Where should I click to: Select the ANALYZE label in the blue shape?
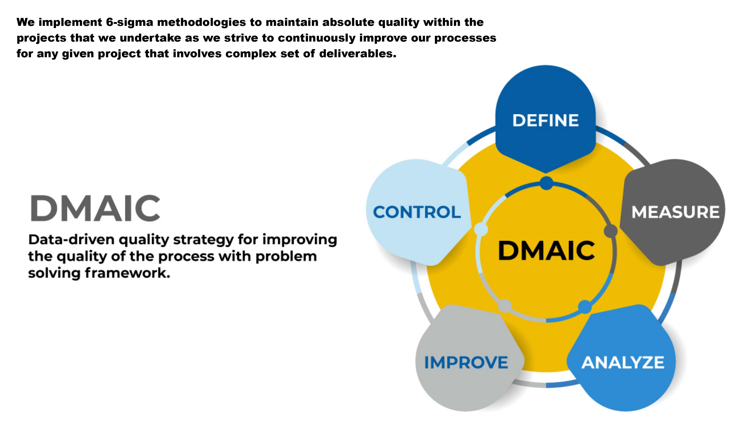click(x=623, y=363)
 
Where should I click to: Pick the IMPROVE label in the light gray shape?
click(x=466, y=363)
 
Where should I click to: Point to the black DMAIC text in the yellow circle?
click(x=546, y=250)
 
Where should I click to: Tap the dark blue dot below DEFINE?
click(x=546, y=183)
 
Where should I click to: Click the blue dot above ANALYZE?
click(x=585, y=307)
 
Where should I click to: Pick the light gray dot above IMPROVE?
click(x=505, y=306)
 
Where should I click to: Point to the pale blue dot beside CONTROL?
click(x=481, y=229)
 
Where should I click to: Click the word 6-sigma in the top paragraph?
click(x=129, y=22)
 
